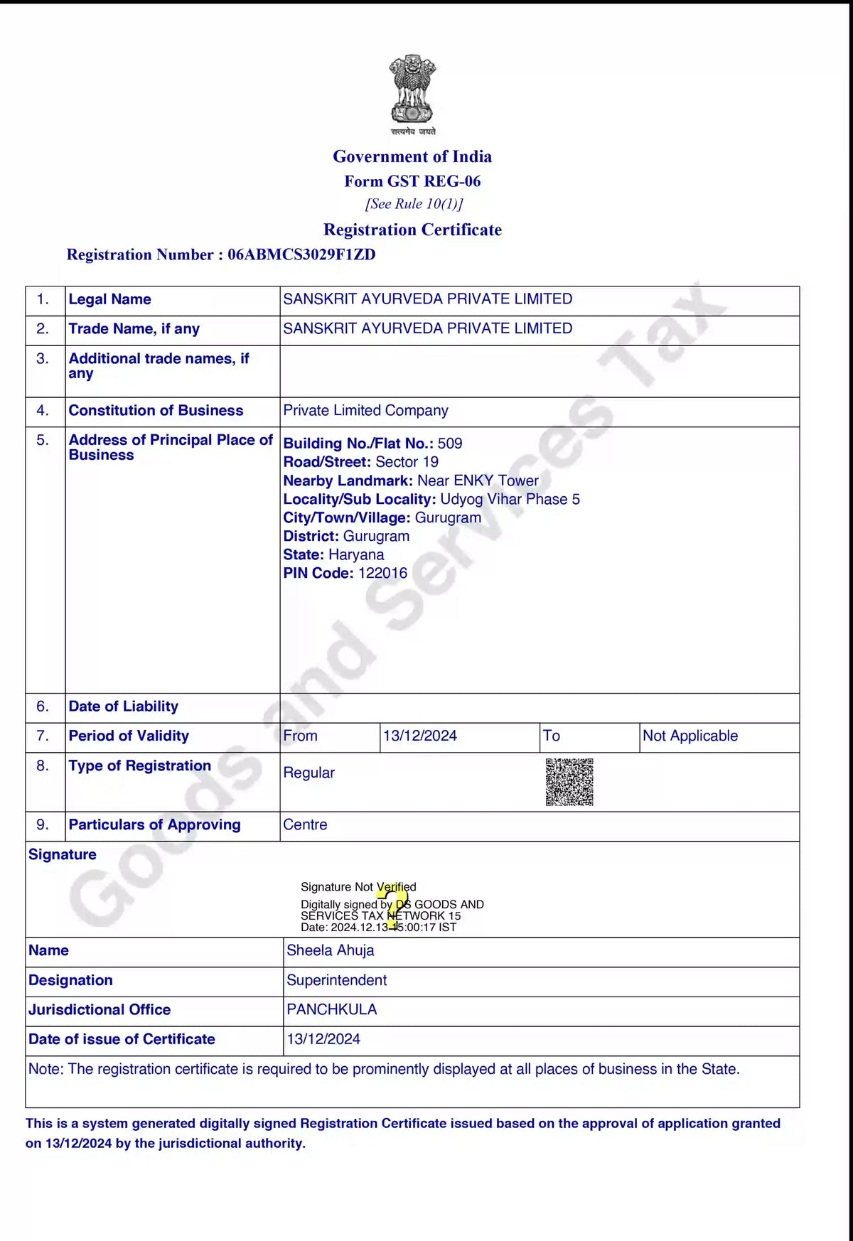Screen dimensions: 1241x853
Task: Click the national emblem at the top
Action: tap(412, 91)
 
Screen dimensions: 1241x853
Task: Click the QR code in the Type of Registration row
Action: tap(569, 782)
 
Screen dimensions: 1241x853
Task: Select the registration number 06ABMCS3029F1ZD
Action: tap(301, 254)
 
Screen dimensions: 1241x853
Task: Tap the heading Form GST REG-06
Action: tap(412, 181)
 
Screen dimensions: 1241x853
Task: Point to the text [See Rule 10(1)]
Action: tap(414, 204)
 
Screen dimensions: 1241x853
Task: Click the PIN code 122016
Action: tap(382, 573)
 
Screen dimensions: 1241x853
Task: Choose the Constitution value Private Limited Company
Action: tap(365, 411)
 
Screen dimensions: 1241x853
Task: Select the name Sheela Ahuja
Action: tap(330, 950)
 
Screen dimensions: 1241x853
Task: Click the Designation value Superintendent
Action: tap(336, 980)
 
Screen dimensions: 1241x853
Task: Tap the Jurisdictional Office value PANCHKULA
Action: tap(331, 1009)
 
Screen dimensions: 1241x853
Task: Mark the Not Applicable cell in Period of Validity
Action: tap(690, 736)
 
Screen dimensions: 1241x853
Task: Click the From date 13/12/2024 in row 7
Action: tap(420, 736)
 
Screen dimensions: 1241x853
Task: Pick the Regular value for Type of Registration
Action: tap(309, 773)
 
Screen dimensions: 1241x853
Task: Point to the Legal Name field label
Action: tap(109, 299)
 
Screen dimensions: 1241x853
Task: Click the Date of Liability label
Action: tap(123, 707)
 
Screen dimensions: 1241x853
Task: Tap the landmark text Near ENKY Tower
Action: tap(478, 480)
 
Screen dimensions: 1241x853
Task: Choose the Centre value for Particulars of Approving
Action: tap(305, 824)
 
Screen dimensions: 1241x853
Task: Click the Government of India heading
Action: tap(412, 156)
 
